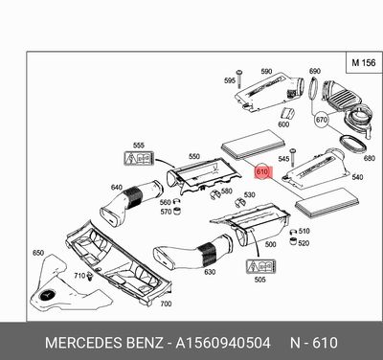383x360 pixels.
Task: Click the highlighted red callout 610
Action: click(262, 172)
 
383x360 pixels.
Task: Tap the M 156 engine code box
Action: click(364, 62)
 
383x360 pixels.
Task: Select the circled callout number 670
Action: click(321, 120)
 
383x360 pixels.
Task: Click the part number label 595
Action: click(230, 80)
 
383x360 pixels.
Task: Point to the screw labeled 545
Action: click(292, 157)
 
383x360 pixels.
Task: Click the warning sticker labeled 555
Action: click(139, 158)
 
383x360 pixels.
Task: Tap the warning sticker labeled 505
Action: click(260, 267)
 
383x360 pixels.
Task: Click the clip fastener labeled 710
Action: click(90, 277)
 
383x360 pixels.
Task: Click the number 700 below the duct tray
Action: click(166, 304)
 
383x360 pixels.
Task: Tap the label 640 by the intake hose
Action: click(116, 188)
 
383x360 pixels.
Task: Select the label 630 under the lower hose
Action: click(210, 272)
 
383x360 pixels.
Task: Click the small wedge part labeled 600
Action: click(287, 113)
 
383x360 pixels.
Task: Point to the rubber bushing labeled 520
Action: click(293, 241)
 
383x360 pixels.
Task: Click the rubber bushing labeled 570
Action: click(177, 211)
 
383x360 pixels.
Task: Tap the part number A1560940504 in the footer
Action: click(223, 343)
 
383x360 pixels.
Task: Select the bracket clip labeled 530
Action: click(239, 202)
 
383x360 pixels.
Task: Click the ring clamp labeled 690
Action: click(313, 89)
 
